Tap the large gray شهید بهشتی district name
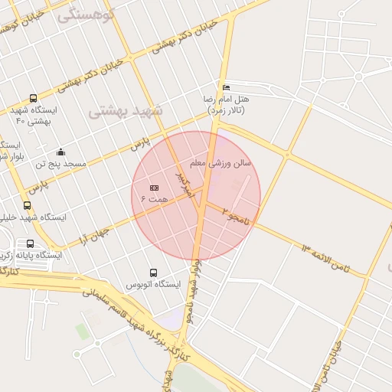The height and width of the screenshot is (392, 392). pos(126,112)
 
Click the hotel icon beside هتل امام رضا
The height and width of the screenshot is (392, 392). pos(225,88)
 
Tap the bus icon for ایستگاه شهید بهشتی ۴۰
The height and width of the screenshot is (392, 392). pos(32,98)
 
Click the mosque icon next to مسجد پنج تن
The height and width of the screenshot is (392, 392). pos(60,152)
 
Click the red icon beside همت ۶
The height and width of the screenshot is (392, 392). pos(154,188)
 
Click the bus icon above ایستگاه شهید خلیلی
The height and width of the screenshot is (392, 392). pos(28,205)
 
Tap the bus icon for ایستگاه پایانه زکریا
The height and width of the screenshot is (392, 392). pos(30,243)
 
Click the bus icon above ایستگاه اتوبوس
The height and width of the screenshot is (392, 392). pos(153,273)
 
